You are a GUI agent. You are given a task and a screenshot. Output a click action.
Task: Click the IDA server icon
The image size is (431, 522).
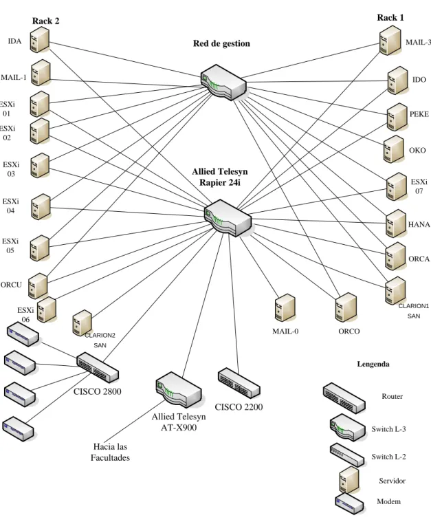click(40, 40)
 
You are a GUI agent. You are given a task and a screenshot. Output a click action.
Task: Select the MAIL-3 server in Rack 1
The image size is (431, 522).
click(390, 41)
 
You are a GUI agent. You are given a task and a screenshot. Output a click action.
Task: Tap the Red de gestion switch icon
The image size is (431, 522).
click(223, 83)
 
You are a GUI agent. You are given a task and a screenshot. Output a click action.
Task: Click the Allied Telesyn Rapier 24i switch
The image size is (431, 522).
click(228, 218)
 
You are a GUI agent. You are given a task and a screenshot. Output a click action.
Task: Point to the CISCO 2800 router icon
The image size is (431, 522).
click(98, 367)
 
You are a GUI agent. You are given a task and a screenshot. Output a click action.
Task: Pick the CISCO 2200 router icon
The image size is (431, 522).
click(239, 383)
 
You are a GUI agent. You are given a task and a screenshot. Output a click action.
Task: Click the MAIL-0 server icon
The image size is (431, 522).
click(285, 308)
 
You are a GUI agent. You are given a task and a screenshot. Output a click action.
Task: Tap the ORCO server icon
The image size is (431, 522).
click(346, 307)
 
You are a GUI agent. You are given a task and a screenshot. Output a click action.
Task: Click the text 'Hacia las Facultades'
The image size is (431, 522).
click(110, 452)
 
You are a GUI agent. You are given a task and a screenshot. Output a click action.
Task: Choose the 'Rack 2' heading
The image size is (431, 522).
click(45, 21)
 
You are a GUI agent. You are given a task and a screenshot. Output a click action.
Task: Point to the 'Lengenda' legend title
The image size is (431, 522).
click(373, 364)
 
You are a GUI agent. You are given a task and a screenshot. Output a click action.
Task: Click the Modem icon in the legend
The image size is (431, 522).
click(349, 503)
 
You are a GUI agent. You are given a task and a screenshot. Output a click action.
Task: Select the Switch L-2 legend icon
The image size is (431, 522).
click(347, 455)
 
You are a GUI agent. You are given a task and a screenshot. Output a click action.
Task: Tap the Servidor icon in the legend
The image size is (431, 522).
click(349, 479)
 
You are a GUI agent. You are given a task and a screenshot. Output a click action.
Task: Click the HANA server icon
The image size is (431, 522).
click(396, 223)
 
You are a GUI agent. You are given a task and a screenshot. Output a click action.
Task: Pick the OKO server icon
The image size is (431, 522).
click(394, 149)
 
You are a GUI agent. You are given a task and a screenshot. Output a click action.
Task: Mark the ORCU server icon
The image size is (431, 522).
click(38, 286)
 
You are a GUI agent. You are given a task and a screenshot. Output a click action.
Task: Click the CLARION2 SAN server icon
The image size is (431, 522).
click(82, 323)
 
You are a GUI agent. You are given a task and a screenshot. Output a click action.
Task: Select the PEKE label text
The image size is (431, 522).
click(419, 114)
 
